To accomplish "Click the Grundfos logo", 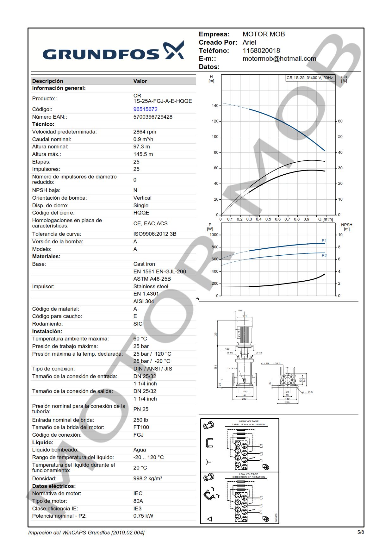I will coord(113,51).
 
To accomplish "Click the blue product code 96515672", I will coord(145,109).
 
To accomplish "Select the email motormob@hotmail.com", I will coord(279,59).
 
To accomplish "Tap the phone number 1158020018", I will coord(261,51).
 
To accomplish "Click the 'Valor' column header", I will coord(140,81).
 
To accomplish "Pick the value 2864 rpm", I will coord(145,132).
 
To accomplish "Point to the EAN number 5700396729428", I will coord(152,117).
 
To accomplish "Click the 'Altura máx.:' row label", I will coord(47,154).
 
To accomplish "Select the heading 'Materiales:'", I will coord(46,256).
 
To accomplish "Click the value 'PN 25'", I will coord(141,409).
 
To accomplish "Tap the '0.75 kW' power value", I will coord(143,516).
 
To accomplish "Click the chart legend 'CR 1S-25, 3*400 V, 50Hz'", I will coord(309,78).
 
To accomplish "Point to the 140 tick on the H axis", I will coord(215,106).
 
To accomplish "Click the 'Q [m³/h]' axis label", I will coord(325,219).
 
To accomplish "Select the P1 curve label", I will coord(324,241).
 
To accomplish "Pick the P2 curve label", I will coord(324,255).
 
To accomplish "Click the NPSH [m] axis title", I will coord(346,227).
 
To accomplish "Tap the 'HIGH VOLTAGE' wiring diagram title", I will coord(249,421).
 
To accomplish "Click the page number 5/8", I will coord(360,532).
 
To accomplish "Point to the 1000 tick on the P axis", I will coord(214,235).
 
